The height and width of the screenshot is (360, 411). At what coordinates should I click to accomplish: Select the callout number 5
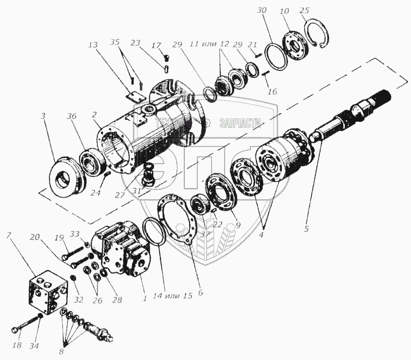[x=306, y=228]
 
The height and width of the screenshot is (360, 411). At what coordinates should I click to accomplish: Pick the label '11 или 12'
[x=215, y=44]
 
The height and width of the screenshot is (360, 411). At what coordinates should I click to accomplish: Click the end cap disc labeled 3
[x=67, y=174]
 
